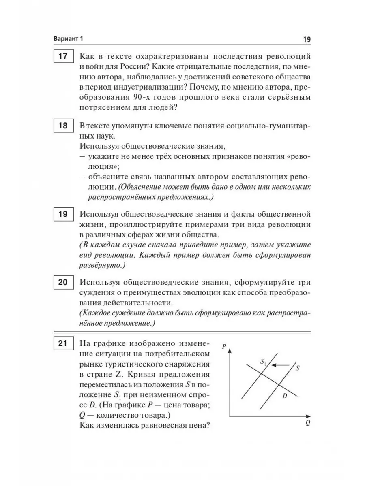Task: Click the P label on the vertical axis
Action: pyautogui.click(x=224, y=346)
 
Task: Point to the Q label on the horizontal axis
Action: pyautogui.click(x=308, y=423)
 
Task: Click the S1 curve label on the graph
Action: pyautogui.click(x=263, y=362)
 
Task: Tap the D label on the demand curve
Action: pyautogui.click(x=285, y=396)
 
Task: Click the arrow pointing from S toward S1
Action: pyautogui.click(x=279, y=365)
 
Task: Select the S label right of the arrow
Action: pyautogui.click(x=297, y=368)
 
